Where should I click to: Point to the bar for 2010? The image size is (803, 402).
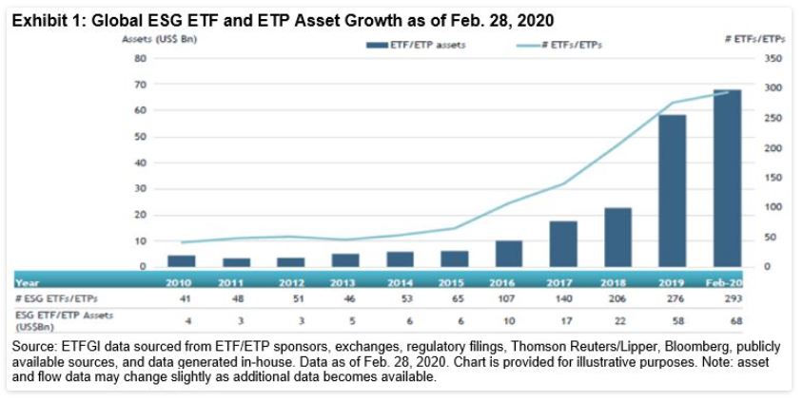tap(181, 260)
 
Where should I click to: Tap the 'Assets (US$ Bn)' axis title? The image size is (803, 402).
tap(153, 40)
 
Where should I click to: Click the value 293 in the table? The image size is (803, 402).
tap(726, 299)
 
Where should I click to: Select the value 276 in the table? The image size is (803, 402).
tap(672, 299)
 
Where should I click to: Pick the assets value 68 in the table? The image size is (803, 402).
tap(726, 322)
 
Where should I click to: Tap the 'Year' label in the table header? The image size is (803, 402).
tap(29, 281)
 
